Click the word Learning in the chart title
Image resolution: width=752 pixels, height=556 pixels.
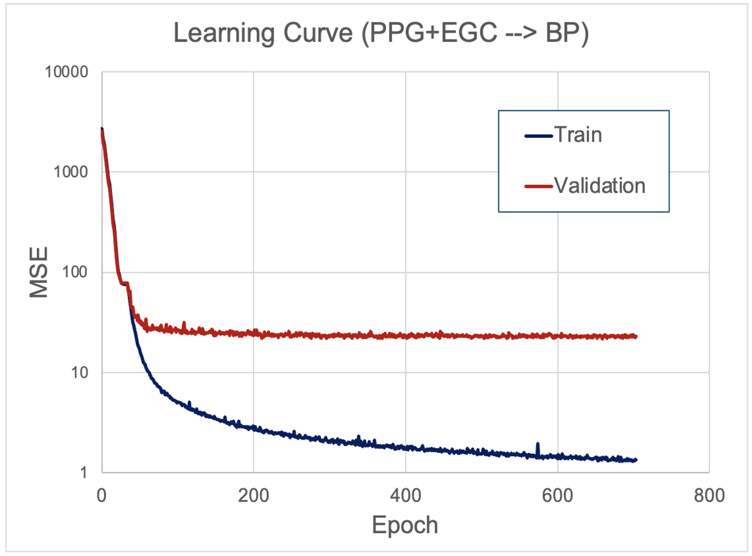[224, 33]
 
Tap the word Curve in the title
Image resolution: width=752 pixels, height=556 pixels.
[318, 33]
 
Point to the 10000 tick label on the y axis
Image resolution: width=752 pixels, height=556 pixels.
[67, 72]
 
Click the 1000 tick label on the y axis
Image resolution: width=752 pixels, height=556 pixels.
[71, 172]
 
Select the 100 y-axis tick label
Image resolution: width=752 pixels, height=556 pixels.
[75, 272]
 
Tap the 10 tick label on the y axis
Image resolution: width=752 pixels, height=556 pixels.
[79, 372]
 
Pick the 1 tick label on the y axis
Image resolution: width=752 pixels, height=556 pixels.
[84, 472]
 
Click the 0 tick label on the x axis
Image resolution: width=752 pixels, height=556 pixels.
[102, 495]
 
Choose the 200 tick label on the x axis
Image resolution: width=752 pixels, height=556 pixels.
[253, 495]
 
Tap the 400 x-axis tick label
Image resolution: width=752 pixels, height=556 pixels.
[405, 495]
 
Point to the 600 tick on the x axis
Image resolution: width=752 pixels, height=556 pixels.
[557, 495]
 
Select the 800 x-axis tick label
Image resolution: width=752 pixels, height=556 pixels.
[709, 495]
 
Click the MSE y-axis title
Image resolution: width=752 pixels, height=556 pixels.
[38, 272]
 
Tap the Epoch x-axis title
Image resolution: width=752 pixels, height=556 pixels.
[405, 525]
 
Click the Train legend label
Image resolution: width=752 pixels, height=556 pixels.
[578, 135]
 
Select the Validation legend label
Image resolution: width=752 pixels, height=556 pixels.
[600, 186]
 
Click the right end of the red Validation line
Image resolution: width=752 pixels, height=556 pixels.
[636, 336]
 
